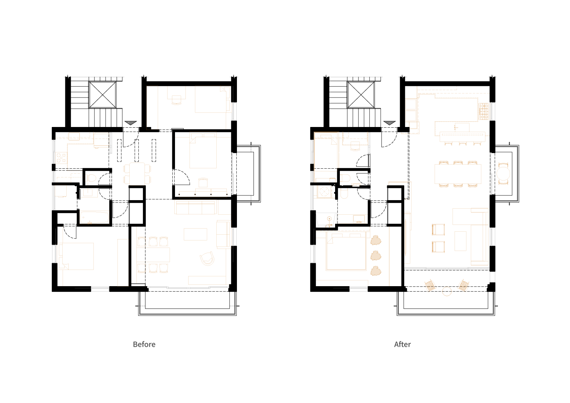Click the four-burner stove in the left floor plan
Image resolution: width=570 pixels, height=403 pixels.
pos(61,158)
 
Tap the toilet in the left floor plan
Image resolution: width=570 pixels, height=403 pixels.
pos(91,178)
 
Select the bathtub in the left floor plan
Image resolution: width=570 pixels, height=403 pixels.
pos(94,217)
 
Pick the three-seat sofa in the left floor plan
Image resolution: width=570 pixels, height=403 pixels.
pos(195,207)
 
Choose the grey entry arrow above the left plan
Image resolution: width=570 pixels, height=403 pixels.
pos(131,123)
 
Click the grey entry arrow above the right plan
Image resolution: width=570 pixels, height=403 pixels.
pos(390,123)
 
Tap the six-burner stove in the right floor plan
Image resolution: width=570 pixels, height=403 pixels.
pos(483,111)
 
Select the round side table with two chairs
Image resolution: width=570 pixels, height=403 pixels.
pos(503,174)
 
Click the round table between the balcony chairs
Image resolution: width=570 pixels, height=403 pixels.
pos(447,291)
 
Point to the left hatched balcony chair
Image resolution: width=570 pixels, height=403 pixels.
pos(430,285)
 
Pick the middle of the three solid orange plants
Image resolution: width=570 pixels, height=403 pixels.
pos(376,256)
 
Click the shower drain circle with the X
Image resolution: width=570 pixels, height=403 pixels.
pos(324,191)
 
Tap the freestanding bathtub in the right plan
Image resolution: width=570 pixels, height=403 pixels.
pos(326,220)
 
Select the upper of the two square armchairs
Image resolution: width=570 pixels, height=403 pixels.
pos(438,230)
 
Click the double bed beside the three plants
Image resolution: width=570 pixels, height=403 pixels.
pos(346,252)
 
